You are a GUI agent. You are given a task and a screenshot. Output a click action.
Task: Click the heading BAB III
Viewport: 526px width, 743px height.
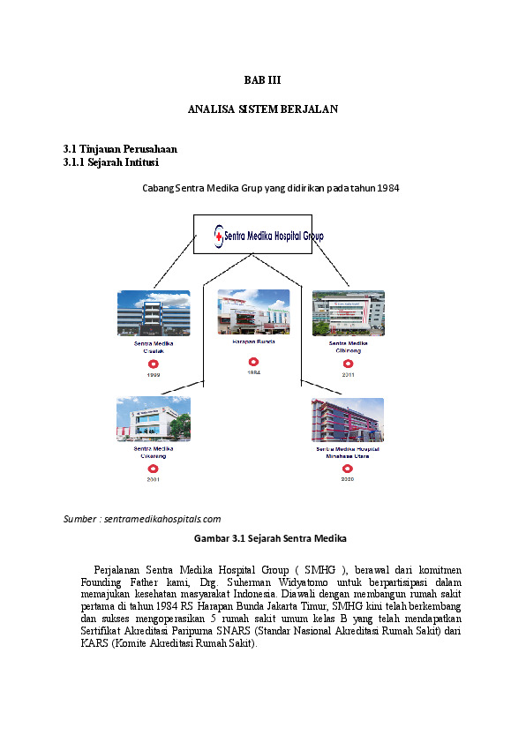coord(262,79)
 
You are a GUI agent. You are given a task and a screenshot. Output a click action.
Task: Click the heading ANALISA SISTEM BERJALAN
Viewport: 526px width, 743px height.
coord(263,109)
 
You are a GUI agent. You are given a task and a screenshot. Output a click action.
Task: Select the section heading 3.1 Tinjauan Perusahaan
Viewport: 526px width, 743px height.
coord(120,149)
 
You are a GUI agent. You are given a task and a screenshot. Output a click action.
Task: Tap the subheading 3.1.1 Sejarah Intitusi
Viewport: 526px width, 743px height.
coord(111,162)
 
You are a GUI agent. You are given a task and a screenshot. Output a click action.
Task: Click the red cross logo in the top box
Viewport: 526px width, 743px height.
coord(218,236)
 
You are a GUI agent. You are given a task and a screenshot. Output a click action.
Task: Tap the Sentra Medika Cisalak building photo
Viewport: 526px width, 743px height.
coord(154,313)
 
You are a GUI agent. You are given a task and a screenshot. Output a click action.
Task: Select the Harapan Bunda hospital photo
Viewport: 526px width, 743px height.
coord(253,312)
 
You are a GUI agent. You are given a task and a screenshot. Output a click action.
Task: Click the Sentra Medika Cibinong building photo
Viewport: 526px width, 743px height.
coord(348,313)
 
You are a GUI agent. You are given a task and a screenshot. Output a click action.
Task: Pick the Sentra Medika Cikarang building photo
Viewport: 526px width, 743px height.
coord(154,419)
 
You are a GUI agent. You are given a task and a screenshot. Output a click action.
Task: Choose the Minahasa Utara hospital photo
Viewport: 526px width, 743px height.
coord(347,420)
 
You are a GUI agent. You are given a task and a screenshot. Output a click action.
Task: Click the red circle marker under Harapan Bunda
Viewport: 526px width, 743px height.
coord(253,361)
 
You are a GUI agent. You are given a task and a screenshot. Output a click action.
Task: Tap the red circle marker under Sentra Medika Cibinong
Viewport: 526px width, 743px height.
coord(348,363)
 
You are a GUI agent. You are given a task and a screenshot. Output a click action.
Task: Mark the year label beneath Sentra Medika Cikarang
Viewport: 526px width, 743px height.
coord(153,479)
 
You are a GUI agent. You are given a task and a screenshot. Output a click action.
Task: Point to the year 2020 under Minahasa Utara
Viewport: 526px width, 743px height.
coord(347,479)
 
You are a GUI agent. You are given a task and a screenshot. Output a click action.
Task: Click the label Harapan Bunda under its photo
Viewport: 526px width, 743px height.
coord(253,341)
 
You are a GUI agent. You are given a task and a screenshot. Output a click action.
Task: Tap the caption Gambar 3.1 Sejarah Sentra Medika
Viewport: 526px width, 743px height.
coord(263,537)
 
